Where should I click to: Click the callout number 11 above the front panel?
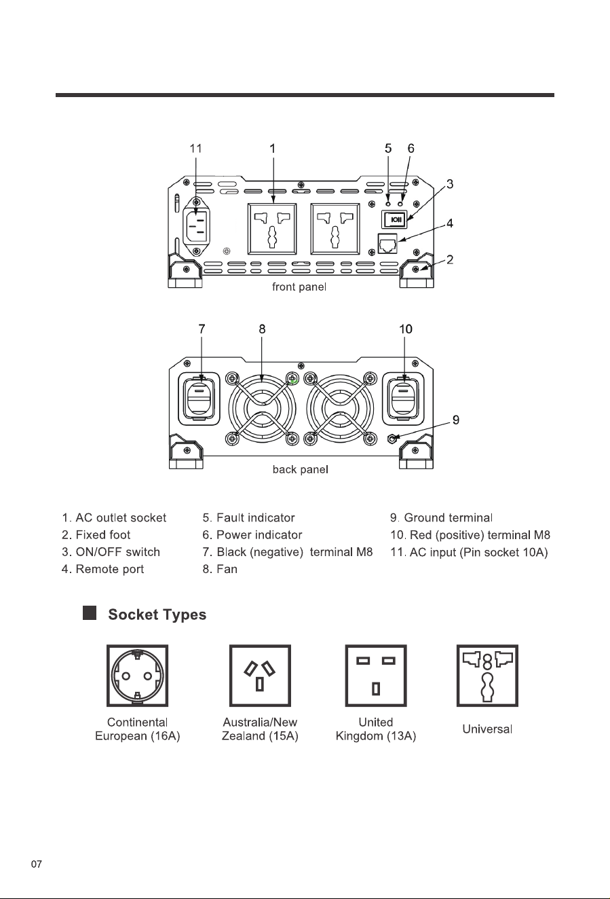[195, 149]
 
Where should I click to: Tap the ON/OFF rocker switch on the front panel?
[394, 219]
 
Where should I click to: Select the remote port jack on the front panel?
[387, 244]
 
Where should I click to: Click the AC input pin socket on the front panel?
[196, 226]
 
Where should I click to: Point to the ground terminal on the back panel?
[393, 438]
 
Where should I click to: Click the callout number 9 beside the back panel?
[455, 420]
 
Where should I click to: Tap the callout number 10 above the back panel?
[406, 329]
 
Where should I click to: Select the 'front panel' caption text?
[299, 287]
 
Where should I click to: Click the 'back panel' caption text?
[301, 469]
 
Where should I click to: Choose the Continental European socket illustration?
[137, 676]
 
